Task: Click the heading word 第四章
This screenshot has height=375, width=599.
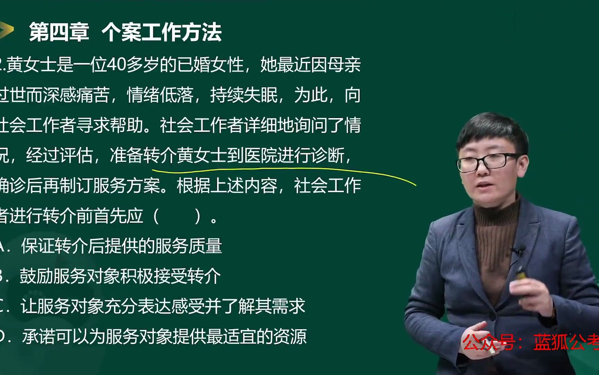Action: tap(59, 32)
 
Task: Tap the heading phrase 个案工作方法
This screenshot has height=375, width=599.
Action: tap(162, 32)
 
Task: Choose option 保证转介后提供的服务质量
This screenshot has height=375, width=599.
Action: tap(121, 246)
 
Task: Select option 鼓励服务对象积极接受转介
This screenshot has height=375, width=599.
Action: tap(120, 276)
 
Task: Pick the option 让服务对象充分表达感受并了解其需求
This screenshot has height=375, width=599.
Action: tap(163, 306)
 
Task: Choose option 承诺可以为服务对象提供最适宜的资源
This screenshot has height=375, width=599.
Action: tap(164, 336)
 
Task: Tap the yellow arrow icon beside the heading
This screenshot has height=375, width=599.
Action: tap(7, 30)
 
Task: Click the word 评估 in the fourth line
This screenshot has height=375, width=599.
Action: tap(76, 155)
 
